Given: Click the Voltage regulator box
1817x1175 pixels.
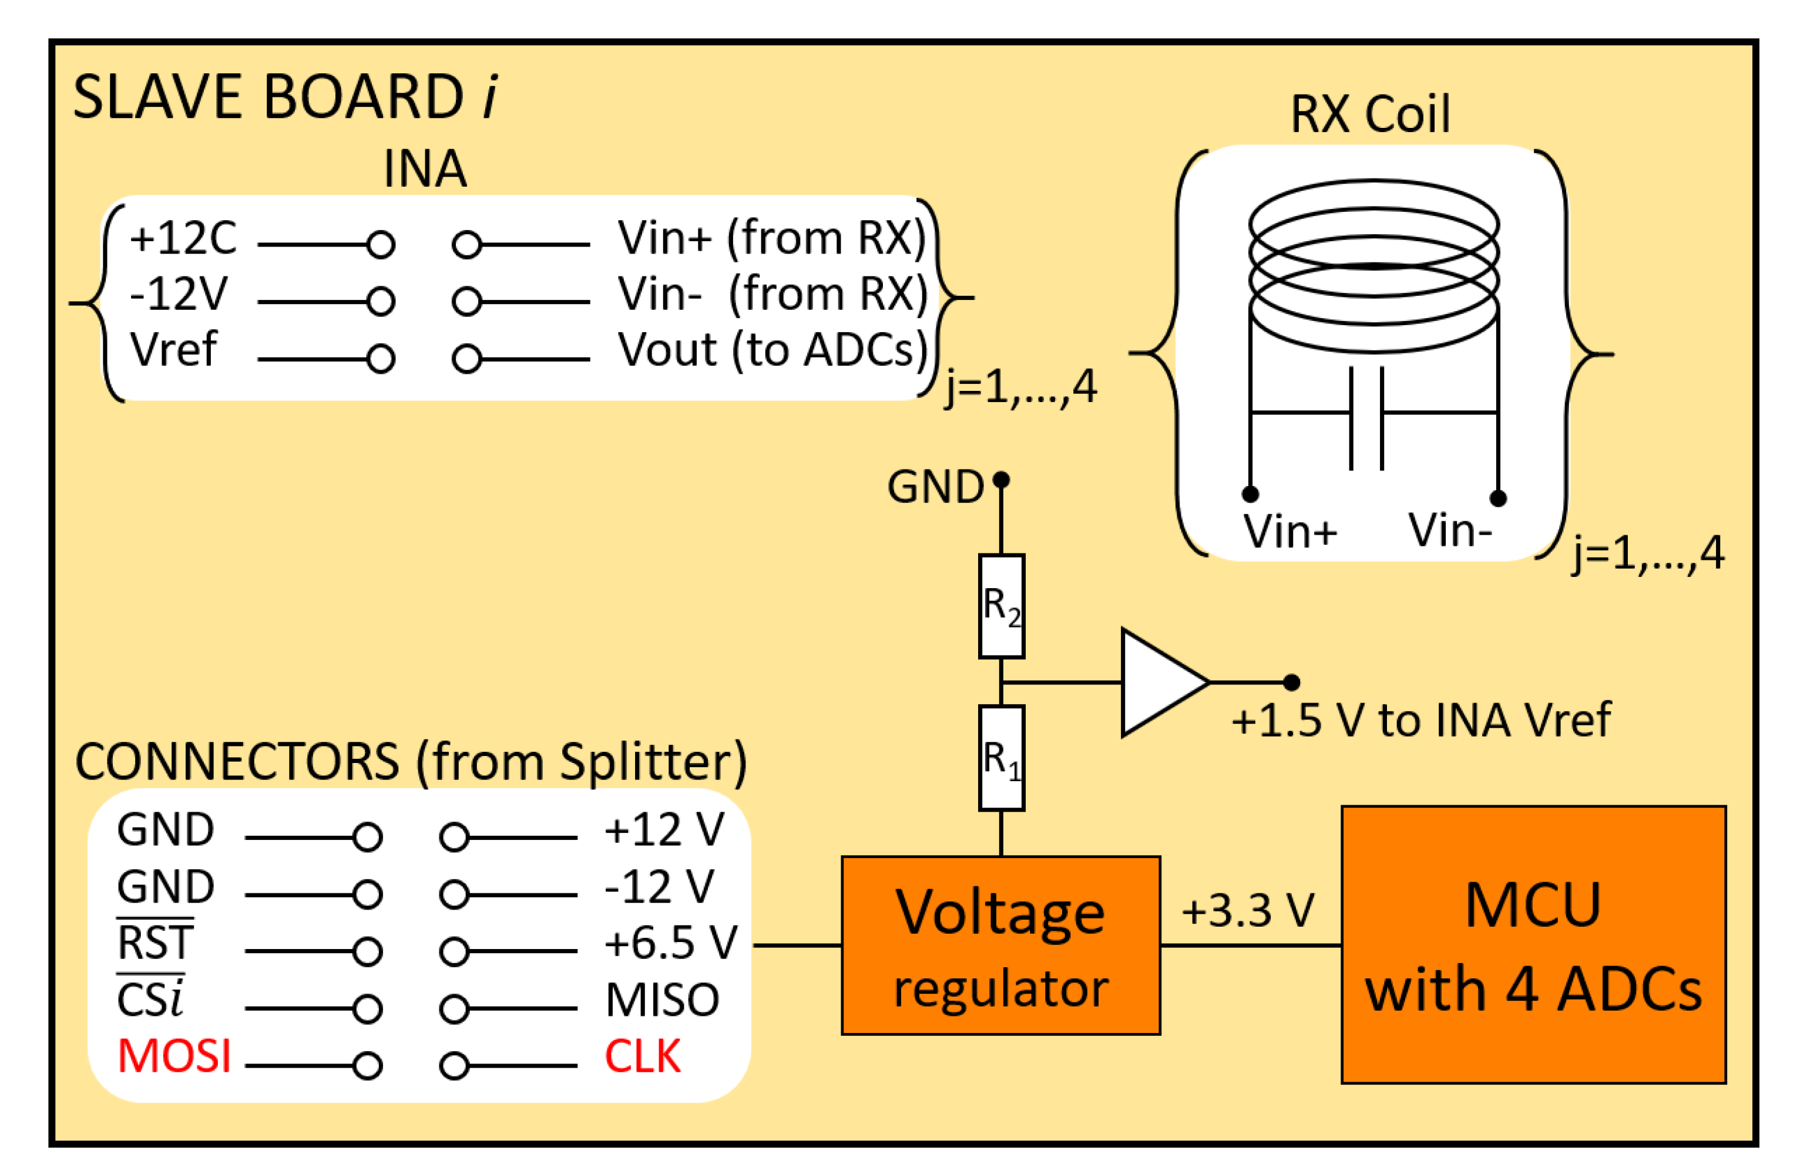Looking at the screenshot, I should [x=1000, y=946].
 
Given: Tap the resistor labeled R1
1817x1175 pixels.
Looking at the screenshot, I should [x=1001, y=758].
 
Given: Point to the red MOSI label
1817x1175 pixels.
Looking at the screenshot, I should [x=174, y=1056].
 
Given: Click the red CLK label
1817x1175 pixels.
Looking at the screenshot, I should [x=642, y=1056].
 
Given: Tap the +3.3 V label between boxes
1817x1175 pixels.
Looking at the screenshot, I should [x=1248, y=910].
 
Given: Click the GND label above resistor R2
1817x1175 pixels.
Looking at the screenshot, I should [x=935, y=486].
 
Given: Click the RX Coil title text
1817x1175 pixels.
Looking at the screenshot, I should [x=1369, y=114].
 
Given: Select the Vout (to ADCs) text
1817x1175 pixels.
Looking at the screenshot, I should [x=772, y=349].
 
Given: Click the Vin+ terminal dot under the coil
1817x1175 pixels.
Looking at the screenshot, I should [x=1250, y=494].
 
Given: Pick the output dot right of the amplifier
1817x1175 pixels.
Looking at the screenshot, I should [x=1291, y=682].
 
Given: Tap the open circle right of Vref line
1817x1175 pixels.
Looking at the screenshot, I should [x=380, y=359].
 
